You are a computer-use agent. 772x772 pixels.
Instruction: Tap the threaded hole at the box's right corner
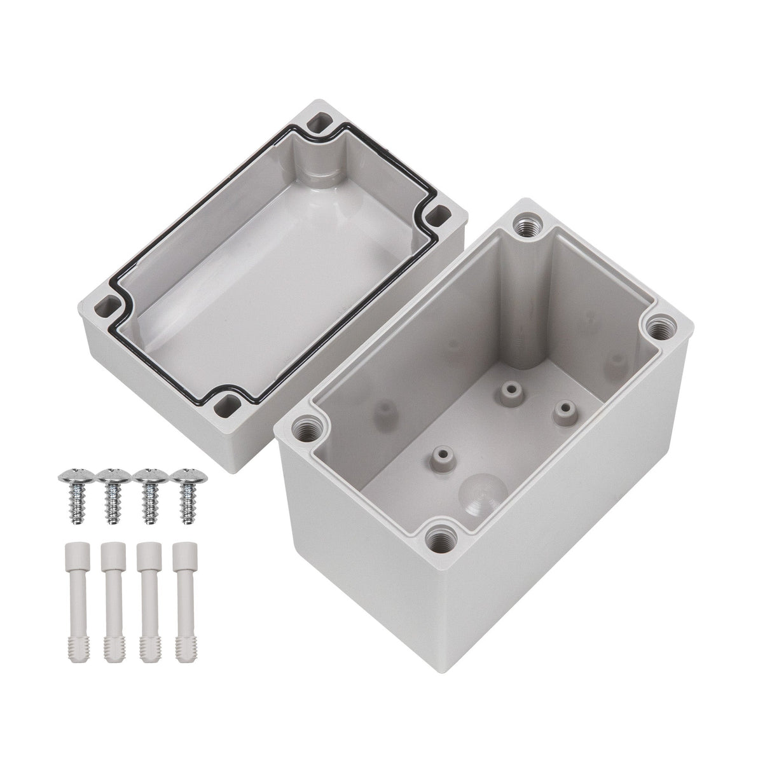pyautogui.click(x=654, y=328)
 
